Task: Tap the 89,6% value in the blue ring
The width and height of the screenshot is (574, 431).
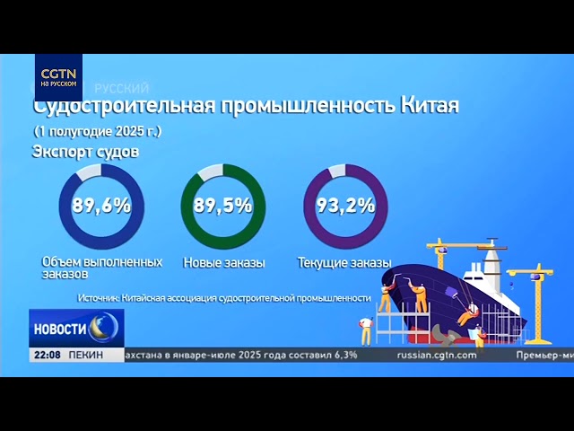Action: point(101,206)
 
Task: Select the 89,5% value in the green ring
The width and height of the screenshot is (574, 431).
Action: point(222,206)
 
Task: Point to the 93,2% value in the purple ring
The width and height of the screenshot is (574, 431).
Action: point(345,206)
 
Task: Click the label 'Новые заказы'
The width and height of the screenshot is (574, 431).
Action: point(224,263)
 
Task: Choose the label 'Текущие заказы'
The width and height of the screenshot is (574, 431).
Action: point(344,263)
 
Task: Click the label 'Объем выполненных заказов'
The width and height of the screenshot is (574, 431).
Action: point(101,267)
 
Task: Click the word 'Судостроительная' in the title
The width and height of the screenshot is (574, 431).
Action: point(123,105)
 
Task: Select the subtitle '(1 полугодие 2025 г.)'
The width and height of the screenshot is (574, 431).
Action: point(97,131)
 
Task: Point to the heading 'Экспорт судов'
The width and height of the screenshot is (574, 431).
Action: point(85,151)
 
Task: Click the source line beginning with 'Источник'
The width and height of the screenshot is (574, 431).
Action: point(224,297)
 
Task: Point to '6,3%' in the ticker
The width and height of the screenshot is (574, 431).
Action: point(344,355)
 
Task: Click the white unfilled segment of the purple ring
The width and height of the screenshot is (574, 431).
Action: point(337,171)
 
